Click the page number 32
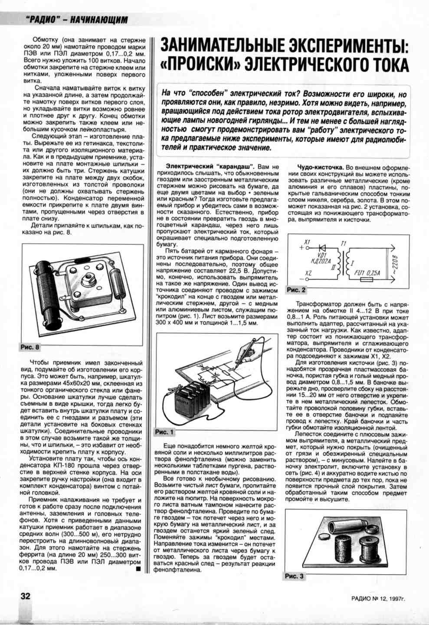[x=26, y=595]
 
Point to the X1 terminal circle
[x=308, y=249]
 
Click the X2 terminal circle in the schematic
[x=308, y=280]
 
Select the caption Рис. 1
[x=164, y=432]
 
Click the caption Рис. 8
[x=30, y=347]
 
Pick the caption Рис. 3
[x=295, y=576]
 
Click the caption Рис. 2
[x=296, y=289]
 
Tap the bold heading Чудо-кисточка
[x=321, y=167]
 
